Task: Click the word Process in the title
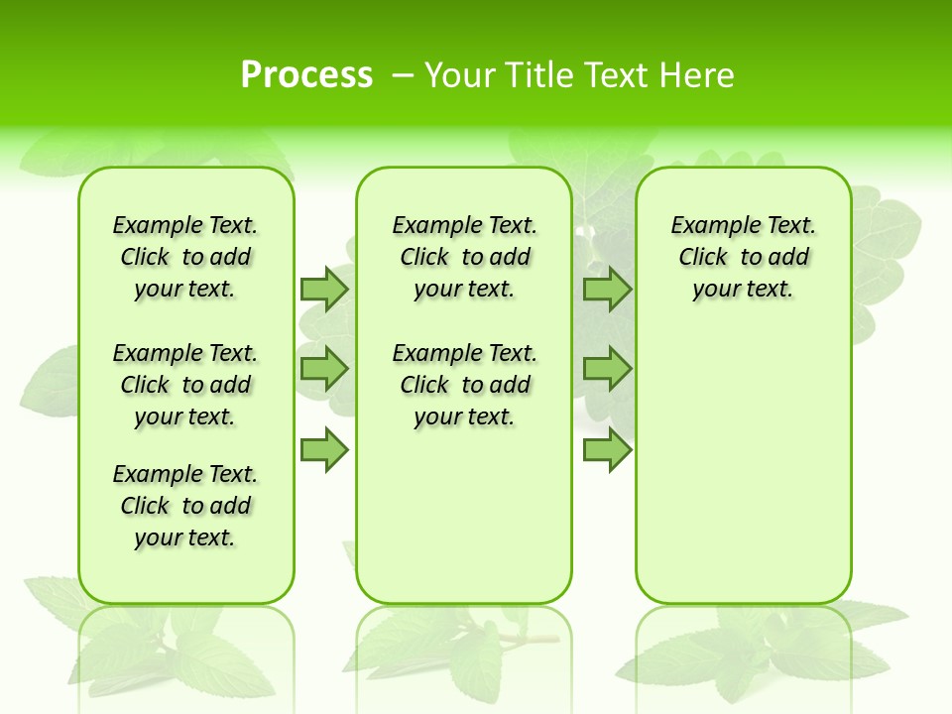[x=306, y=75]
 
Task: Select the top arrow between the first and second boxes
[x=323, y=290]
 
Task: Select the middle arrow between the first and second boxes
[x=323, y=369]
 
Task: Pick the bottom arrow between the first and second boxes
[x=323, y=450]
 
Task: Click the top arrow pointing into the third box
[x=607, y=290]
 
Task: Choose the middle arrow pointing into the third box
[x=607, y=369]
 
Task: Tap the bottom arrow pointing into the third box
[x=607, y=450]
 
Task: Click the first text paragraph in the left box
[x=185, y=257]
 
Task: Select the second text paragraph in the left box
[x=185, y=385]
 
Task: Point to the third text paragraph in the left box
[x=185, y=506]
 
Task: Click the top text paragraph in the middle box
[x=464, y=257]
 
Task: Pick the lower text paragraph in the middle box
[x=464, y=385]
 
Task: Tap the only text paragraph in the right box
[x=743, y=257]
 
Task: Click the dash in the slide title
[x=403, y=75]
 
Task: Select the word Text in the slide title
[x=615, y=75]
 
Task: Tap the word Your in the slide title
[x=460, y=75]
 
